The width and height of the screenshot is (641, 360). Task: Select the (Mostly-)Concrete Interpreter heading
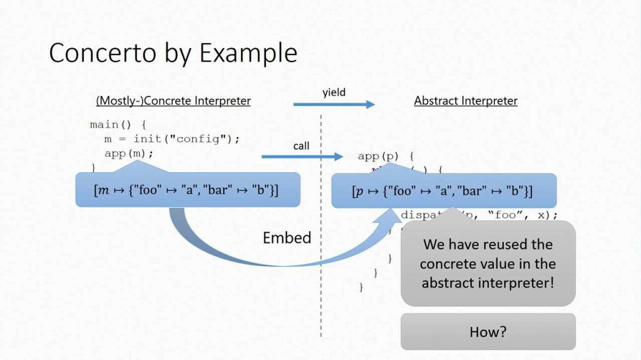pos(173,101)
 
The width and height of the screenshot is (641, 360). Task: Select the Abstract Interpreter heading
pos(466,101)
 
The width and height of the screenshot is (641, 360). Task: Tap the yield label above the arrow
pos(334,93)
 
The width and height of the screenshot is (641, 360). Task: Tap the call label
pos(302,146)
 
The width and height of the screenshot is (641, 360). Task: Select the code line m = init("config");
pos(172,138)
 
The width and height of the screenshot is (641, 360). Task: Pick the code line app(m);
pos(129,153)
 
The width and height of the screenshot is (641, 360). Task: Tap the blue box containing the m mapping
pos(187,190)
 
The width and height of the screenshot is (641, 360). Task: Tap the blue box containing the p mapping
pos(443,191)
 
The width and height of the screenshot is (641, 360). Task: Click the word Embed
pos(287,238)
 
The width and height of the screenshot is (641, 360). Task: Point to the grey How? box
pos(488,331)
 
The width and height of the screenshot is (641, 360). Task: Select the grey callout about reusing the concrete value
pos(488,263)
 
